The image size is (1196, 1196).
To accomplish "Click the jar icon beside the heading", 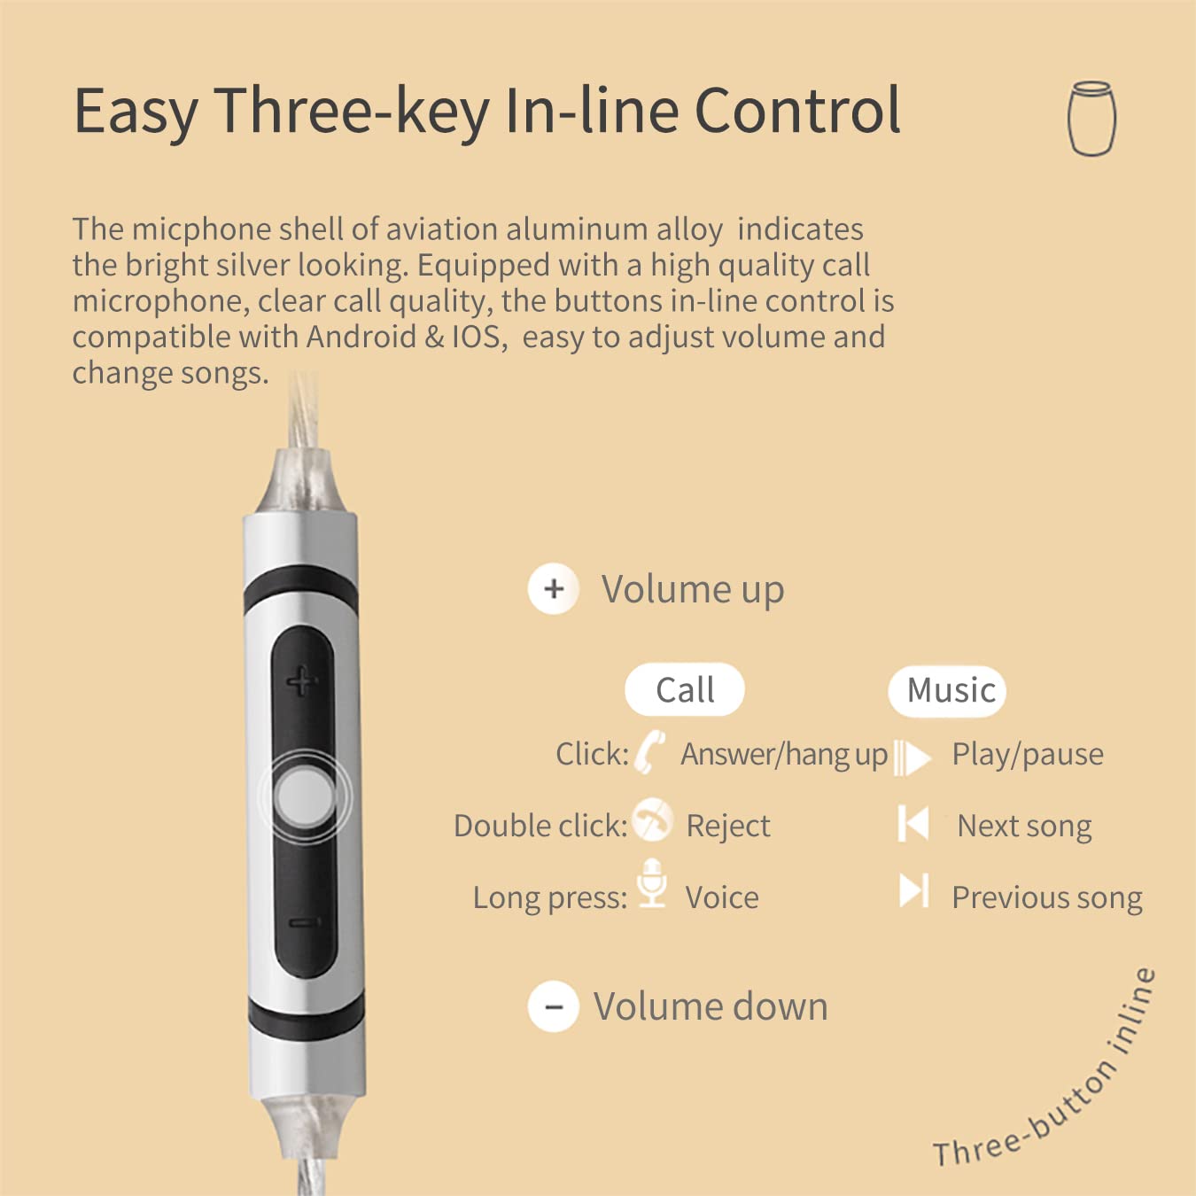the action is click(1091, 118).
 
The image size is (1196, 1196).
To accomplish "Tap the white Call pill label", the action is click(685, 689).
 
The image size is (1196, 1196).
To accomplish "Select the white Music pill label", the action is click(947, 691).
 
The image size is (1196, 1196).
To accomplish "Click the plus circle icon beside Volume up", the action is click(554, 588).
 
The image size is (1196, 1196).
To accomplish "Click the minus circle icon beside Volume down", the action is click(554, 1006).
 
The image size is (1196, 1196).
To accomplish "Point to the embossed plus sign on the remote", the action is click(302, 681).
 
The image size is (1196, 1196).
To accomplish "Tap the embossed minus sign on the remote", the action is click(304, 923).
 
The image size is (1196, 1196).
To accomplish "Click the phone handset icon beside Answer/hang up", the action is click(649, 752).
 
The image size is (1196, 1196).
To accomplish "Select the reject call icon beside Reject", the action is click(652, 819).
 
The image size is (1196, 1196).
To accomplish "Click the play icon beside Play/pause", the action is click(912, 757).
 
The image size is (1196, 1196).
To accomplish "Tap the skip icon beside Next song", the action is click(913, 824).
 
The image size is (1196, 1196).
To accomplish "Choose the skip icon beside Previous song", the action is click(914, 890).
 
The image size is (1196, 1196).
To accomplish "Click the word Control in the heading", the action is click(798, 111).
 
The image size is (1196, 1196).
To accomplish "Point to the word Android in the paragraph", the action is click(361, 337).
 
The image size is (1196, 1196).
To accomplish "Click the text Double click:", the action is click(540, 826).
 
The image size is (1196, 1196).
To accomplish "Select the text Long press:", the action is click(550, 898).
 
